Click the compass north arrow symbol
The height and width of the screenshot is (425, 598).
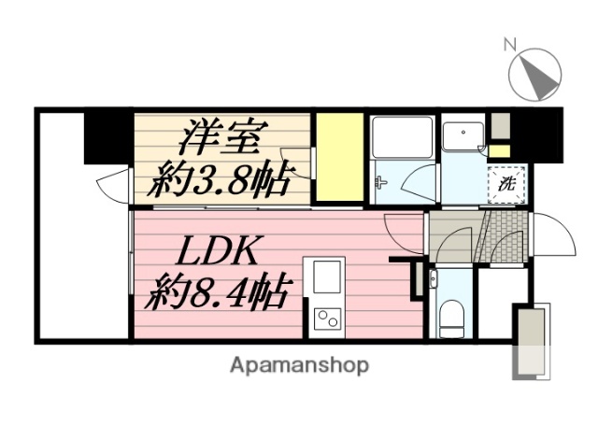tap(534, 74)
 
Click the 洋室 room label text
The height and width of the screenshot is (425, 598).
tap(220, 136)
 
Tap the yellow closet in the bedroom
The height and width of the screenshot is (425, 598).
tap(338, 156)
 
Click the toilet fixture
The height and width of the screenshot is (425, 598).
tap(452, 317)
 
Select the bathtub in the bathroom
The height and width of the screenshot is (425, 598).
tap(402, 137)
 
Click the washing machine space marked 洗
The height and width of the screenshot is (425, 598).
tap(506, 183)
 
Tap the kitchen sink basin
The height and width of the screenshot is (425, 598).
tap(328, 277)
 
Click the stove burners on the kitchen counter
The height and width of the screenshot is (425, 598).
tap(328, 319)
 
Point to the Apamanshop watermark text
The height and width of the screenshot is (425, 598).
tap(299, 364)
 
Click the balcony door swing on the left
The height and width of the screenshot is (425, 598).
tap(114, 184)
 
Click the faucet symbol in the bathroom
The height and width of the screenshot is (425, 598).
tap(380, 182)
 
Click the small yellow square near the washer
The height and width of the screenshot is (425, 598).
tap(500, 150)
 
